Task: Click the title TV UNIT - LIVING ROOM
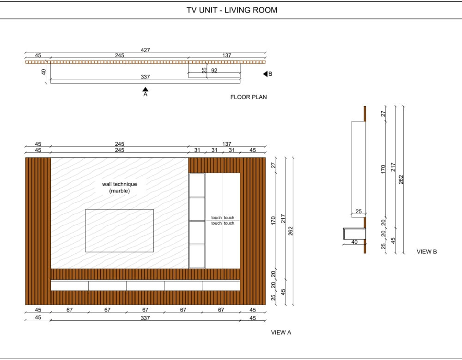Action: coord(231,10)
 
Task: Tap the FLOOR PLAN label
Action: coord(249,97)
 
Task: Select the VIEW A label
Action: coord(281,332)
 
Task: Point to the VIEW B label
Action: coord(426,252)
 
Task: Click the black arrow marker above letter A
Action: coord(145,89)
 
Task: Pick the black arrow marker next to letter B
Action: coord(265,74)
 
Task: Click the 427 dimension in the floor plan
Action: coord(146,50)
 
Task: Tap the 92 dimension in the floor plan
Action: coord(214,71)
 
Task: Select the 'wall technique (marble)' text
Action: coord(119,187)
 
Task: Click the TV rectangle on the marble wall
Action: coord(119,230)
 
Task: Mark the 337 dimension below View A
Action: coord(145,318)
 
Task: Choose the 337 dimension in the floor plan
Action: coord(145,77)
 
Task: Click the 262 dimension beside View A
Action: coord(291,231)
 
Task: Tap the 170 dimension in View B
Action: coord(383,168)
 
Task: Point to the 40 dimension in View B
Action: coord(354,242)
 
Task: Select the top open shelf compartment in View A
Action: coord(197,185)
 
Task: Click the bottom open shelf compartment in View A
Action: coord(197,256)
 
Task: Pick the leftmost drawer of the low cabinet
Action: coord(69,286)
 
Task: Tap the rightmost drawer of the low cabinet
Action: coord(221,286)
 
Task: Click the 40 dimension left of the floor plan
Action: coord(43,72)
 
